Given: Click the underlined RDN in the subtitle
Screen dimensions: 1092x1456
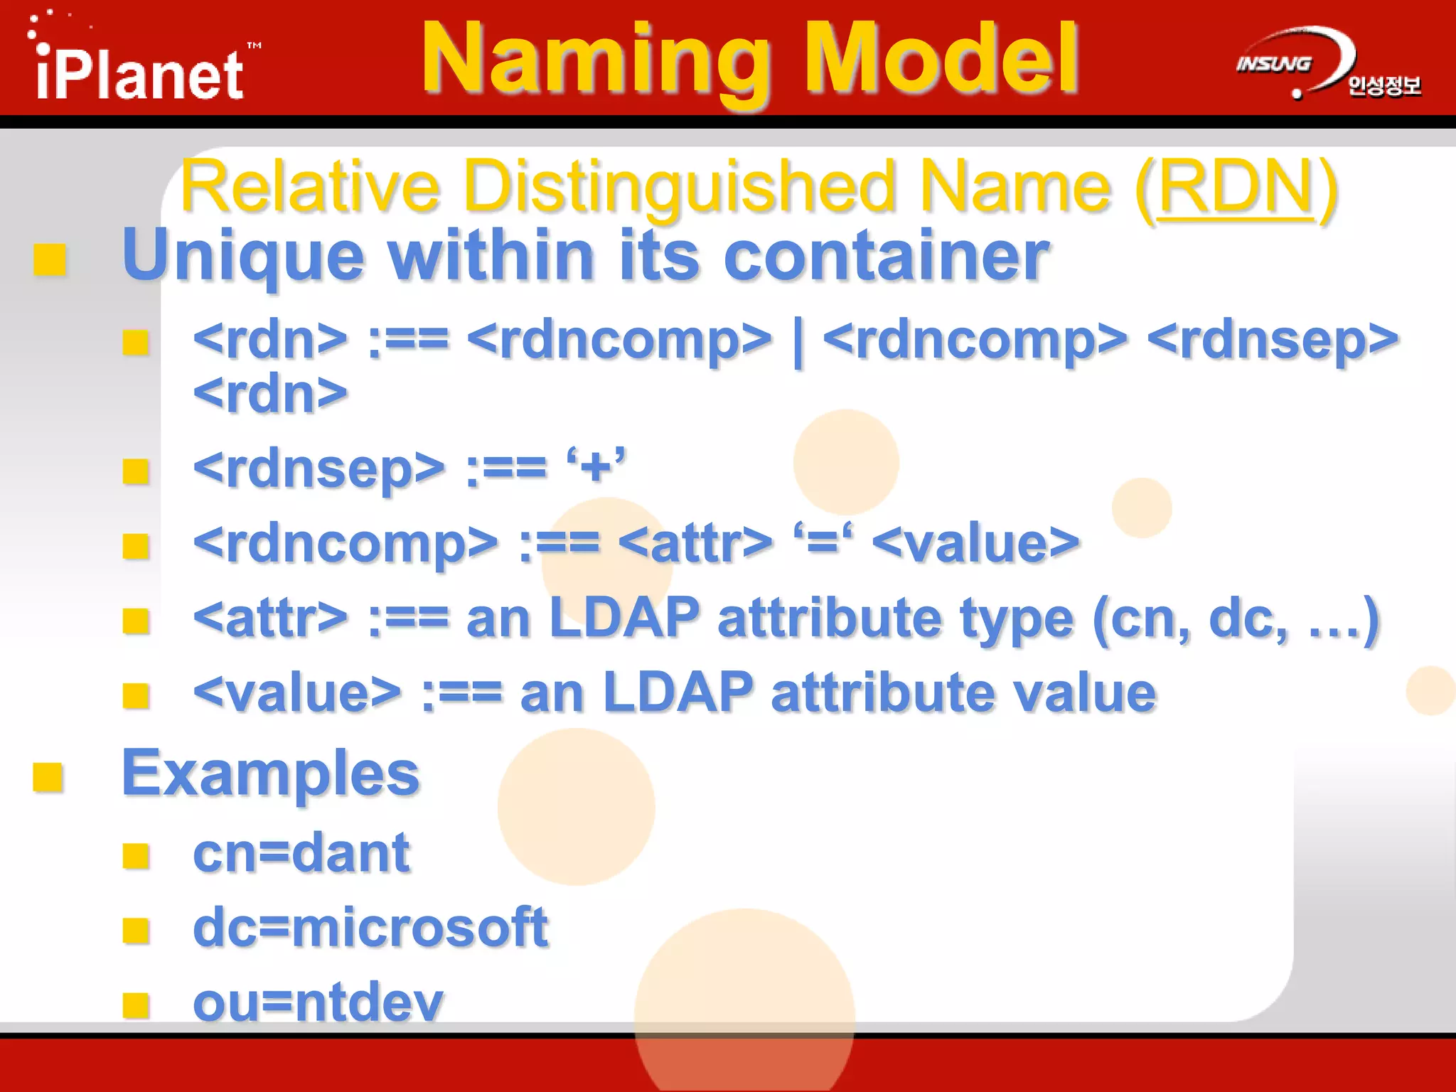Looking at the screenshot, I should pos(1236,187).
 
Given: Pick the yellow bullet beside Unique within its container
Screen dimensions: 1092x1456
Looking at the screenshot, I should pos(50,259).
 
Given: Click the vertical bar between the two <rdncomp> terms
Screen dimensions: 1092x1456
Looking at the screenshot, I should pos(798,341).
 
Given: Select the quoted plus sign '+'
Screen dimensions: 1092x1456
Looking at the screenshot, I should pos(596,468).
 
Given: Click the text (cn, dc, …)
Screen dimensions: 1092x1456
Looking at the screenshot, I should pos(1236,619).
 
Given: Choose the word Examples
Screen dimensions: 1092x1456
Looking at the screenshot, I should pos(271,773).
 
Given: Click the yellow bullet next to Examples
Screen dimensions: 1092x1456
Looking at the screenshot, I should pos(48,776).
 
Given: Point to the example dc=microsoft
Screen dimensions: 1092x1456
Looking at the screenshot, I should pos(370,928).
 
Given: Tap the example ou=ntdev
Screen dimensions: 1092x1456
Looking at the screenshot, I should pos(318,1002).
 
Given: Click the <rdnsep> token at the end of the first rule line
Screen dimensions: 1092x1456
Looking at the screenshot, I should pos(1273,340).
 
